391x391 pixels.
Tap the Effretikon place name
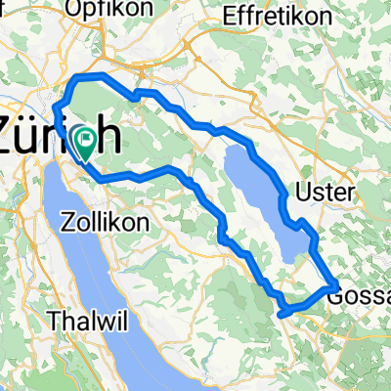275,17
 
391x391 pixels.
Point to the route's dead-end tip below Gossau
282,314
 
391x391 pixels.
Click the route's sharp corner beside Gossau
336,284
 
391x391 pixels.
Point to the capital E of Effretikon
232,17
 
